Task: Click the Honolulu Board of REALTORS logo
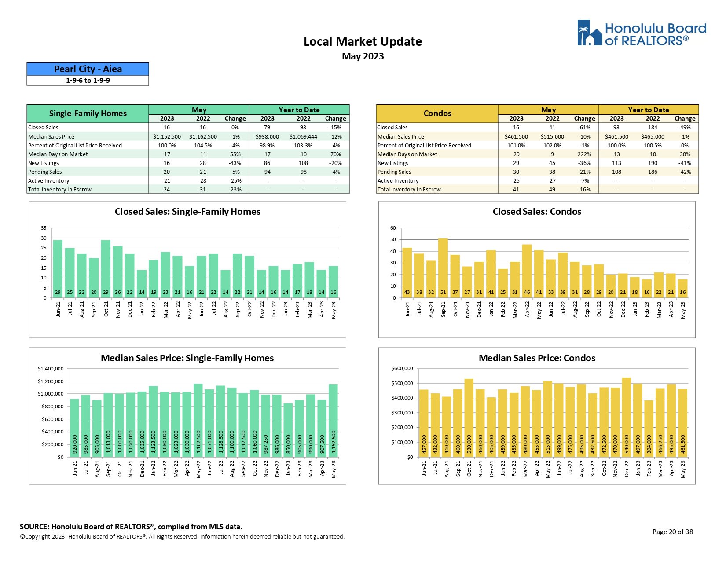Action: point(642,33)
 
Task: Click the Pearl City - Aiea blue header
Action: point(88,69)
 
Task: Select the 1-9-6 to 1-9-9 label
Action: point(88,81)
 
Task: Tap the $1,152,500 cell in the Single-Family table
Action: point(167,137)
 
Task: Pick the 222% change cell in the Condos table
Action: point(584,154)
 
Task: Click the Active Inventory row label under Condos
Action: point(398,181)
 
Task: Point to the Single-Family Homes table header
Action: point(88,114)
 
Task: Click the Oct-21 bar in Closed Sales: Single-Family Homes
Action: point(106,268)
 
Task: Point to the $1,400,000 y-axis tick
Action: point(51,369)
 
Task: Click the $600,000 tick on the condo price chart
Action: point(402,369)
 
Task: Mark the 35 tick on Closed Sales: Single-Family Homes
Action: point(44,228)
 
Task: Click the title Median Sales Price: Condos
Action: point(537,358)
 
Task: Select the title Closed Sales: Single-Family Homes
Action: point(187,212)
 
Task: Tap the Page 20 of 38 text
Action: point(672,532)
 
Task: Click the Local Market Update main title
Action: point(363,42)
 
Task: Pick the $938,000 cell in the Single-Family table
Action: point(267,137)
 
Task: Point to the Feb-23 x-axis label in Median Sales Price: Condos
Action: point(649,469)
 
